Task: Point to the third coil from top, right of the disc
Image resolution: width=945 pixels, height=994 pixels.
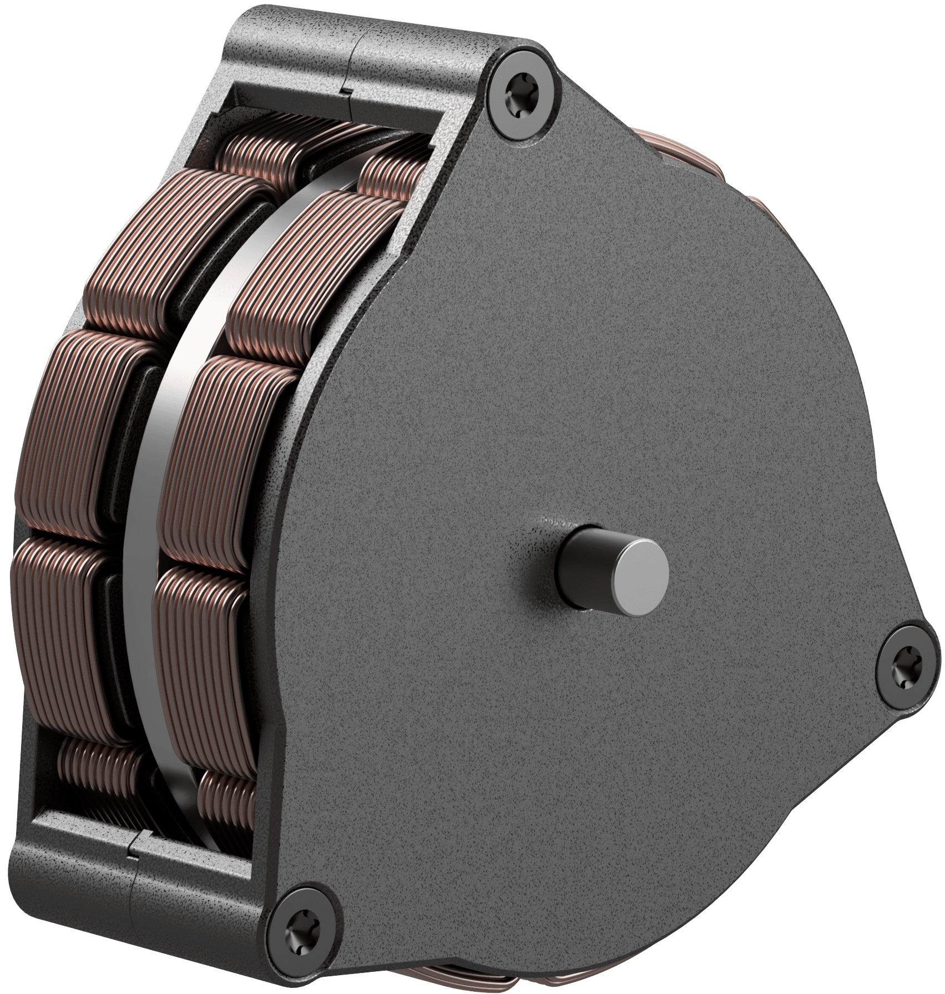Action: click(233, 461)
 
